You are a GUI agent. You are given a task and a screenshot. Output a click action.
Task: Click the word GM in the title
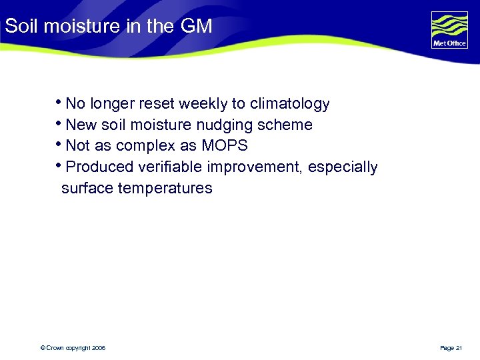[196, 27]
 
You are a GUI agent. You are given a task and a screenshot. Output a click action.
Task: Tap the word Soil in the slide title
[19, 27]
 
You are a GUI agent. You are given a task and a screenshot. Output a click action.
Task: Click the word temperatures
[165, 189]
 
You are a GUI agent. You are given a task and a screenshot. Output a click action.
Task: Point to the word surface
[87, 189]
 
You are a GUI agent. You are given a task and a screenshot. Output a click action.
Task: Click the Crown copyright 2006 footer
[73, 348]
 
